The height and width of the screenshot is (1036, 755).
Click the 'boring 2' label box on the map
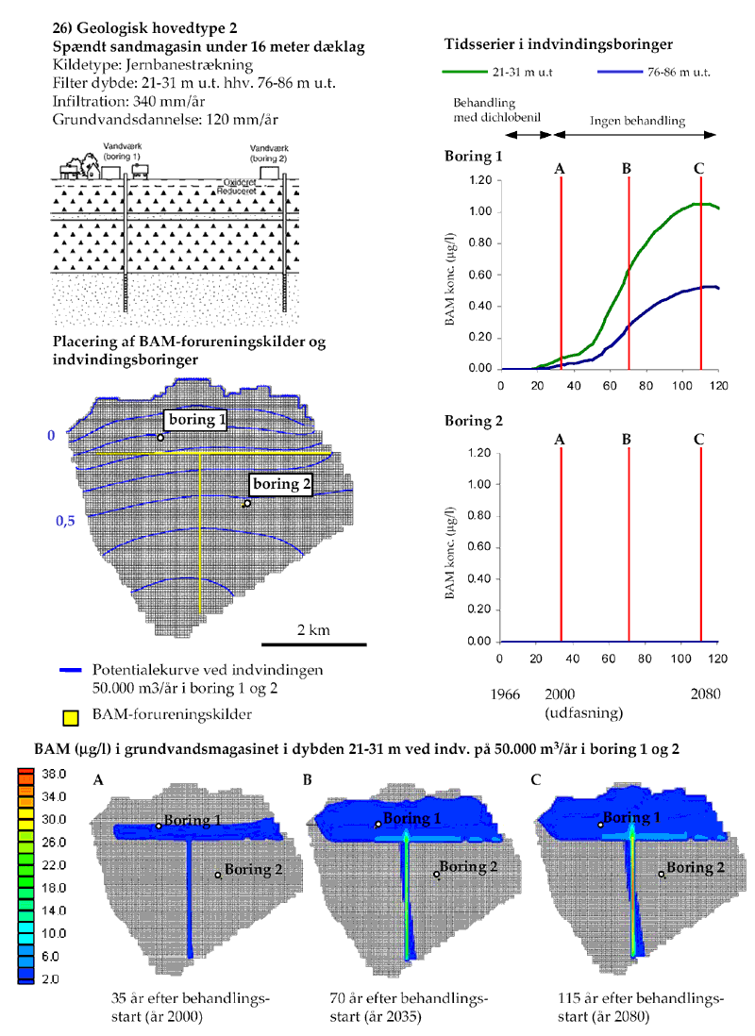pyautogui.click(x=280, y=484)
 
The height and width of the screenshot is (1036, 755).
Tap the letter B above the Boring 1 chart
pyautogui.click(x=627, y=169)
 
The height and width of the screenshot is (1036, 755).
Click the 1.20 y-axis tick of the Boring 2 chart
pyautogui.click(x=478, y=453)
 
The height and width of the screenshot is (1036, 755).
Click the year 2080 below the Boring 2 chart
pyautogui.click(x=704, y=693)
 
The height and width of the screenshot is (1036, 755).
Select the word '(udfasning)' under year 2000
pyautogui.click(x=579, y=710)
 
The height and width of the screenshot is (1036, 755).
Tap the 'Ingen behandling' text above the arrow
pyautogui.click(x=637, y=122)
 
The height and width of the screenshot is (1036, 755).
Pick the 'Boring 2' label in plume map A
pyautogui.click(x=252, y=871)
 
